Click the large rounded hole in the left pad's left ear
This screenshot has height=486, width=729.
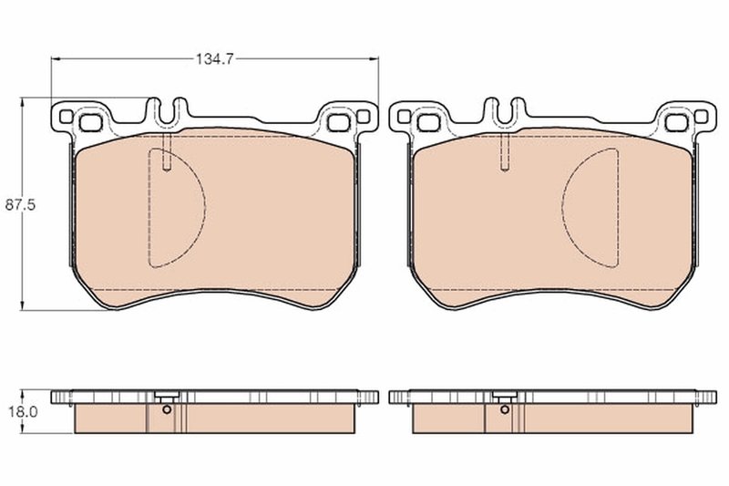[x=91, y=121]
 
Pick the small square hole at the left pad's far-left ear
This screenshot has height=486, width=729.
[x=66, y=116]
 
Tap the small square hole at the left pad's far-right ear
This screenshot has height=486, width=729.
[x=364, y=116]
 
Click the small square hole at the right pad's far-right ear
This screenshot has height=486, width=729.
[x=702, y=116]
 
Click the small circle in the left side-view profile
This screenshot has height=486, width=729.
[x=166, y=409]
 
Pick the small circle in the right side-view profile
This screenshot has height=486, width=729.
[x=504, y=409]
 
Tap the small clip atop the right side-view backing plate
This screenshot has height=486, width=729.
[x=504, y=397]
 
